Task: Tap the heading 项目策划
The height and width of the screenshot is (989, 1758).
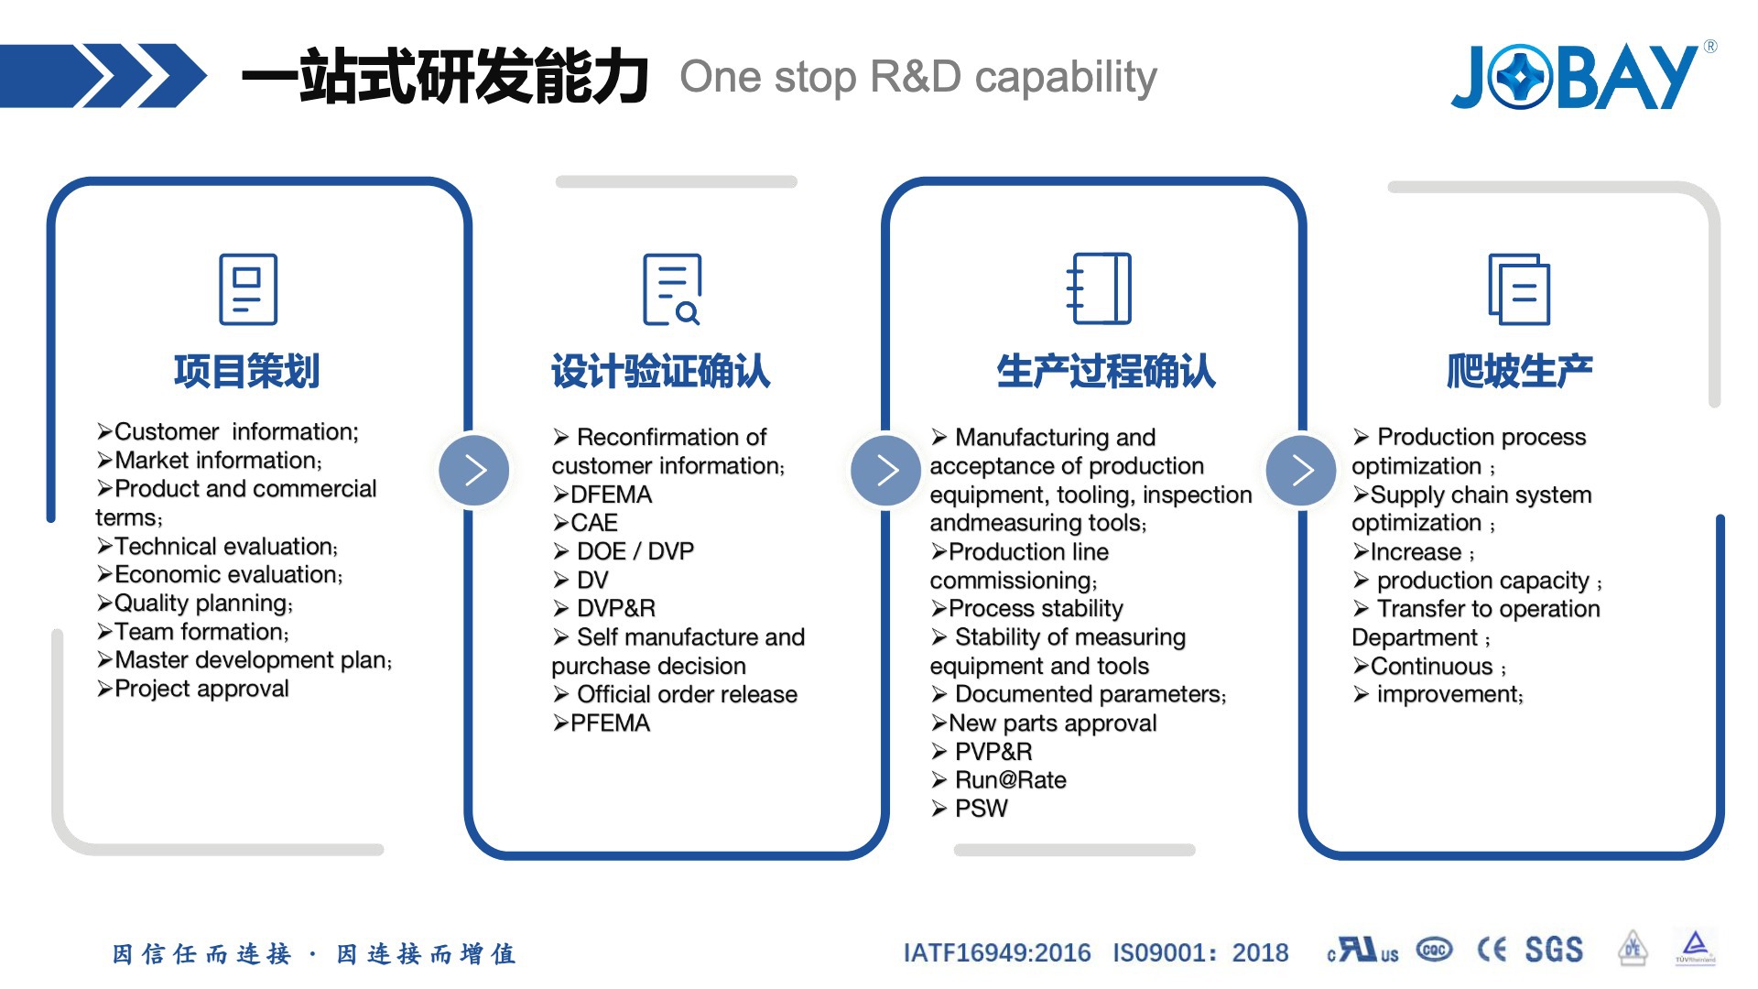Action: pyautogui.click(x=246, y=372)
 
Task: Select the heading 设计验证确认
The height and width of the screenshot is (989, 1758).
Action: pyautogui.click(x=660, y=372)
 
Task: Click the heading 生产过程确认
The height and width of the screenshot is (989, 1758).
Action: pyautogui.click(x=1106, y=372)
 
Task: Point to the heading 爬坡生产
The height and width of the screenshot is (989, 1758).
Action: pyautogui.click(x=1520, y=372)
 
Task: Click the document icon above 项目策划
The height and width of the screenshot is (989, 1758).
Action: pyautogui.click(x=248, y=289)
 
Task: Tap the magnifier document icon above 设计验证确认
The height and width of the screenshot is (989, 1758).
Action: pyautogui.click(x=672, y=289)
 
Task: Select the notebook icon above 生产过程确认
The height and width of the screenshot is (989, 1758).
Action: pyautogui.click(x=1100, y=288)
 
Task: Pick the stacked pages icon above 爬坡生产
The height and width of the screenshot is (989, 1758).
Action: pyautogui.click(x=1519, y=289)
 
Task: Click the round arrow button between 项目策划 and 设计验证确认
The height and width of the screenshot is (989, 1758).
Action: pyautogui.click(x=474, y=471)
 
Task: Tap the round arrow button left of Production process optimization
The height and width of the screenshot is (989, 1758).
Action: pyautogui.click(x=1301, y=471)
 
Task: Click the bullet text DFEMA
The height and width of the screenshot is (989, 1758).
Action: pyautogui.click(x=611, y=495)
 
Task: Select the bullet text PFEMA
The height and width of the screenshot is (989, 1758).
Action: pyautogui.click(x=610, y=723)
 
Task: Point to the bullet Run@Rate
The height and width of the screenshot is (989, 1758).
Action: pyautogui.click(x=1010, y=780)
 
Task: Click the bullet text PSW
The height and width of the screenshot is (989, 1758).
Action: pyautogui.click(x=981, y=809)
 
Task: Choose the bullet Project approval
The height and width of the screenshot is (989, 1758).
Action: pyautogui.click(x=201, y=689)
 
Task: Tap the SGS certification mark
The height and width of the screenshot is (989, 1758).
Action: pyautogui.click(x=1554, y=950)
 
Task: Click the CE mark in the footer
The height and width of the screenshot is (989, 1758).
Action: pyautogui.click(x=1492, y=950)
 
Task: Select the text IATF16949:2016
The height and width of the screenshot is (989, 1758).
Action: pyautogui.click(x=997, y=953)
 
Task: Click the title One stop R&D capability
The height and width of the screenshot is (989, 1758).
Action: pyautogui.click(x=918, y=77)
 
